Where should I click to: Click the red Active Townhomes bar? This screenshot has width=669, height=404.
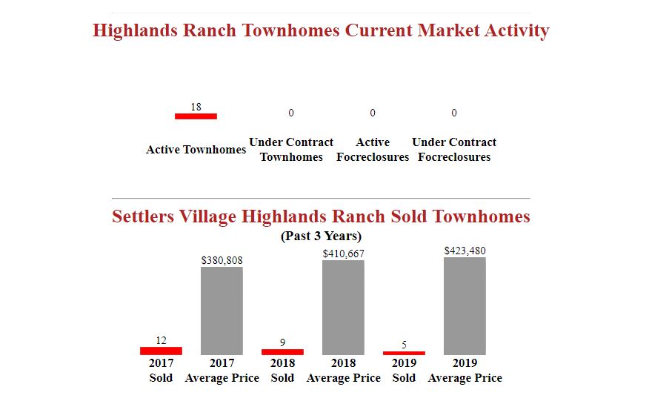click(196, 116)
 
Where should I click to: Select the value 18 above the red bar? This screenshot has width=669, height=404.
click(196, 107)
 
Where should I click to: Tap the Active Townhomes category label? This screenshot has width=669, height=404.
click(196, 150)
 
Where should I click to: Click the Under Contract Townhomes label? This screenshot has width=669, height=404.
click(291, 150)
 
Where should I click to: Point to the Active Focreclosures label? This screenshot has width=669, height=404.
click(373, 150)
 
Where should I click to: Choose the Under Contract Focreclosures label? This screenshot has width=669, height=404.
click(454, 150)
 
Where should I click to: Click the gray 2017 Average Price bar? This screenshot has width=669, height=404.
click(222, 311)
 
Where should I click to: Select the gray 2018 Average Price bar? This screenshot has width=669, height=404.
click(344, 308)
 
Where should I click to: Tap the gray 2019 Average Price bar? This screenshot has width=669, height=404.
click(465, 306)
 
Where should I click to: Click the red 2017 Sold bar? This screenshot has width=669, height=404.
click(161, 351)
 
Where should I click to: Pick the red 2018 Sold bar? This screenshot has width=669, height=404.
click(282, 352)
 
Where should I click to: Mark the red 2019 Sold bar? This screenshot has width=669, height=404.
click(404, 353)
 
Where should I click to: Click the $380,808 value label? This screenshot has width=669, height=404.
click(222, 260)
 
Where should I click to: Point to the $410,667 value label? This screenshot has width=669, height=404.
click(344, 254)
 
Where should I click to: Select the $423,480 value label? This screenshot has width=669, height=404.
click(465, 251)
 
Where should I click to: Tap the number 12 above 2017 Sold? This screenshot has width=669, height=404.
click(161, 340)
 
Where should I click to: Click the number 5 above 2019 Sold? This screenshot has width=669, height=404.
click(404, 345)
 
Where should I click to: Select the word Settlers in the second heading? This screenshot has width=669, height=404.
click(143, 216)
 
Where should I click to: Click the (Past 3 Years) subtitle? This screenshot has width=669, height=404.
click(321, 236)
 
